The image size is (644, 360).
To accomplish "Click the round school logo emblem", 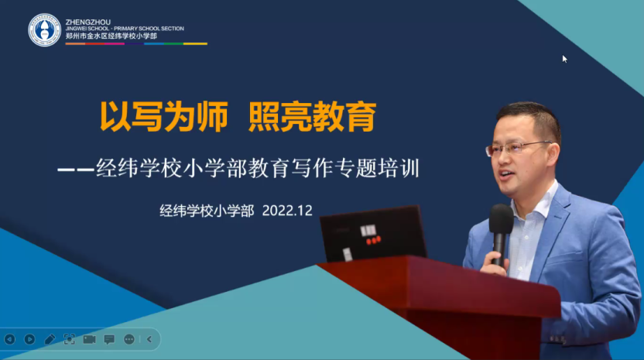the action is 44,30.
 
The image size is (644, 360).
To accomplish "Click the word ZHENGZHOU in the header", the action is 88,22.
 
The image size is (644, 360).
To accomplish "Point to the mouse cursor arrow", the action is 565,59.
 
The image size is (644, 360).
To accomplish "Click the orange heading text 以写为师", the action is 163,117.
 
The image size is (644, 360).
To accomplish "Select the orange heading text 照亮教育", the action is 313,117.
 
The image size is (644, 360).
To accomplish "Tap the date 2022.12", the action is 287,211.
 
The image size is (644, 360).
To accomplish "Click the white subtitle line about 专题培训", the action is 238,169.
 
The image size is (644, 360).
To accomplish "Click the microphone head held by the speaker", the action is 501,219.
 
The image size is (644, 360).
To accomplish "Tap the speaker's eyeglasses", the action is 519,148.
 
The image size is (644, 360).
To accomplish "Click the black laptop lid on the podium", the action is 373,234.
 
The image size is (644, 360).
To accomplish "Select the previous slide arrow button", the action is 10,339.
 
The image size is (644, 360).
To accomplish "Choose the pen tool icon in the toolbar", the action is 50,339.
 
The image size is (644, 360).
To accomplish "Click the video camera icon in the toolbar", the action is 89,339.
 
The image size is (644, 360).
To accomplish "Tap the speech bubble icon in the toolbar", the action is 109,339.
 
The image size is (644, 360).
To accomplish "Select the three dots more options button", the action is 129,339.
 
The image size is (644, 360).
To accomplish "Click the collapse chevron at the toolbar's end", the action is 149,339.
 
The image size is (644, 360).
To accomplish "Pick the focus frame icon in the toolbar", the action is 70,339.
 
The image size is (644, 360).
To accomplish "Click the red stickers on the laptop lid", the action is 373,240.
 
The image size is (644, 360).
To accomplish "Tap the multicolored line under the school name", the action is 136,43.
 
